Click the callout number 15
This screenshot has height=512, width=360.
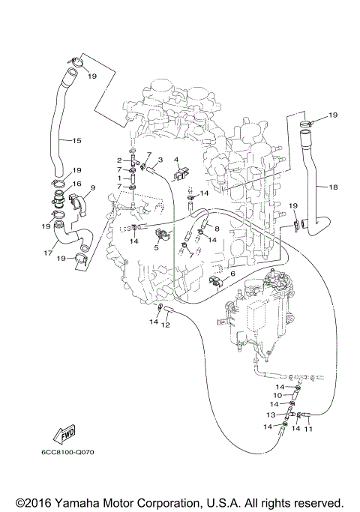pyautogui.click(x=76, y=140)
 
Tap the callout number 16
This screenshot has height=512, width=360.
pyautogui.click(x=77, y=182)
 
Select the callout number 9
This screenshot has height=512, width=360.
pyautogui.click(x=93, y=187)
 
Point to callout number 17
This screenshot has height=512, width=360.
pyautogui.click(x=48, y=253)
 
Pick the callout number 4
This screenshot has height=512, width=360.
pyautogui.click(x=176, y=159)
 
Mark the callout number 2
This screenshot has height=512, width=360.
pyautogui.click(x=119, y=160)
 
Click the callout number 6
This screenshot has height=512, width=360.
pyautogui.click(x=232, y=274)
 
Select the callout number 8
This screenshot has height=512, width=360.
pyautogui.click(x=217, y=229)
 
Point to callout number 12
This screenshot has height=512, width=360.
pyautogui.click(x=166, y=325)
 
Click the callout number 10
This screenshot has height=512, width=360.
pyautogui.click(x=277, y=395)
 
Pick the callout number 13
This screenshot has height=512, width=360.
pyautogui.click(x=271, y=414)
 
